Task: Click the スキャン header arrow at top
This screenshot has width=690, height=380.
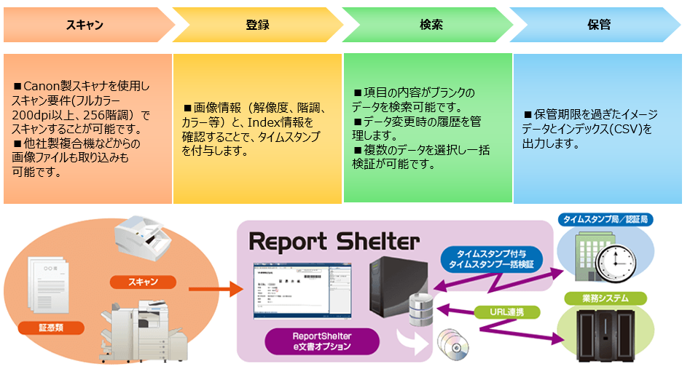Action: coord(85,25)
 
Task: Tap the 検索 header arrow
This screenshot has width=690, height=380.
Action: coord(431,25)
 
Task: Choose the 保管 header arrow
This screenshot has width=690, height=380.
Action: coord(598,25)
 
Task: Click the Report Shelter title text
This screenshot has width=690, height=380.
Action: coord(334,241)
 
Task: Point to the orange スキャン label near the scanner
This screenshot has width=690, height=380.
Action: coord(142,282)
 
